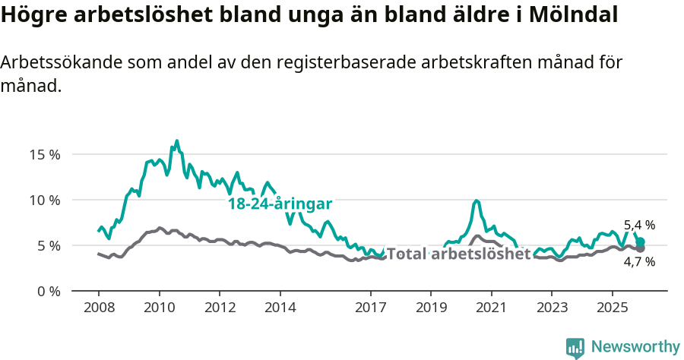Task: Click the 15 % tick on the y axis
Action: point(44,154)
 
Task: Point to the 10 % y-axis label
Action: point(44,200)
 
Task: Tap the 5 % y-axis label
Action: point(47,245)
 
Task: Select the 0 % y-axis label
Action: point(47,291)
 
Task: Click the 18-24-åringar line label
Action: point(280,204)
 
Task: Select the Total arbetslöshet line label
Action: point(458,254)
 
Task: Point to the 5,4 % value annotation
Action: point(639,225)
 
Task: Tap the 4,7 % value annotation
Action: point(639,262)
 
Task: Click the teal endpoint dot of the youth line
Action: point(641,242)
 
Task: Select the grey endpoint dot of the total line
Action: point(641,248)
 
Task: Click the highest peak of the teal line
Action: point(177,141)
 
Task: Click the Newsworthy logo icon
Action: point(575,347)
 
